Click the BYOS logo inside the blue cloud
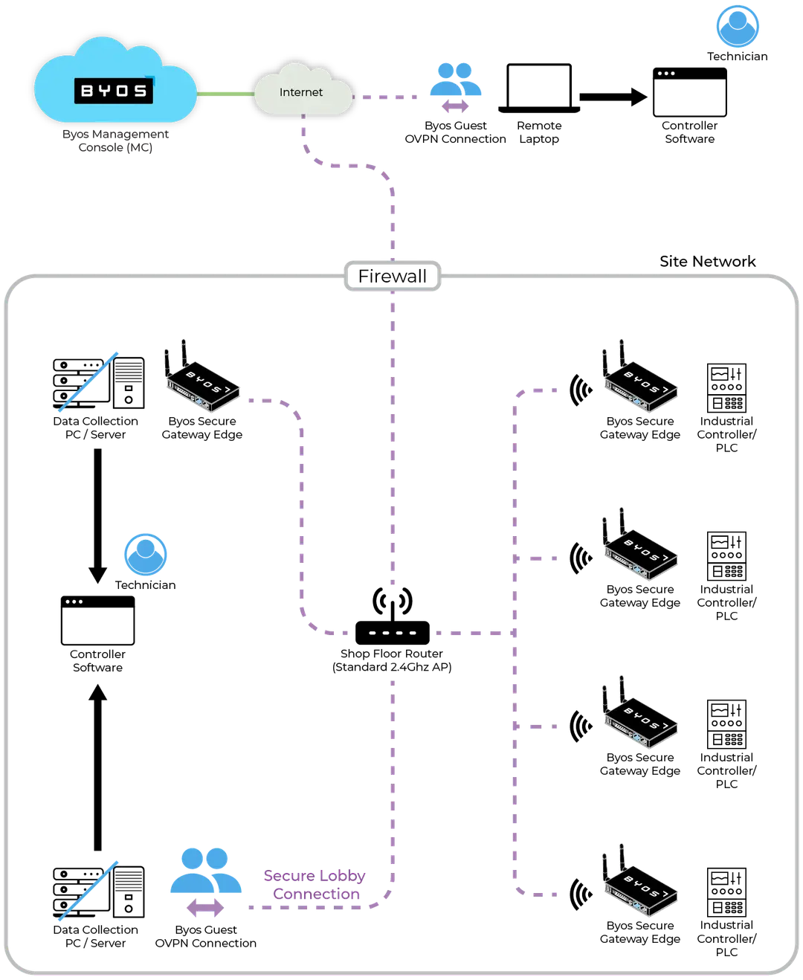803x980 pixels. (114, 91)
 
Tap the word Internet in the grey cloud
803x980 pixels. (301, 92)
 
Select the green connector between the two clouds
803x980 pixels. (225, 94)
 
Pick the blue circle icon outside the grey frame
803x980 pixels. (737, 26)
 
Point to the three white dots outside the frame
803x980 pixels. (666, 74)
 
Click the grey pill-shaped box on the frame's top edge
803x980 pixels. (393, 277)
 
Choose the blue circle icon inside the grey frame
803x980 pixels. (145, 555)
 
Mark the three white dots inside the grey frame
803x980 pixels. (74, 602)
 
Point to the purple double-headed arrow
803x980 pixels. (204, 909)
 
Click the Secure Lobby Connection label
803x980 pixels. (315, 886)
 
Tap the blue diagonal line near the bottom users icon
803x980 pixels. (88, 890)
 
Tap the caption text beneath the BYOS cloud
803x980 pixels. (116, 142)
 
